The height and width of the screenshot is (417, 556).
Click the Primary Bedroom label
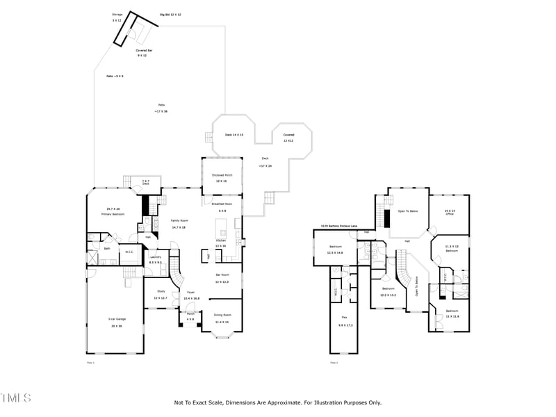point(113,212)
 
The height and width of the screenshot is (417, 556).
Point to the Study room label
point(161,291)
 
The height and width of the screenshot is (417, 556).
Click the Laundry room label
point(155,257)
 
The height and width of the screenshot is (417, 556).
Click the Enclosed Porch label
point(222,175)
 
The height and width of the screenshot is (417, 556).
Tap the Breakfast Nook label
point(222,204)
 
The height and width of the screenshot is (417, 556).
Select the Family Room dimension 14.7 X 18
point(179,227)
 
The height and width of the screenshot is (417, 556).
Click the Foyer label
point(190,293)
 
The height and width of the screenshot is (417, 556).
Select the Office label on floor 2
point(450,214)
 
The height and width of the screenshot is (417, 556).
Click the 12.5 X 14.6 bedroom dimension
point(336,253)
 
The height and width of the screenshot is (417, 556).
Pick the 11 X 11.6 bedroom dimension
point(452,316)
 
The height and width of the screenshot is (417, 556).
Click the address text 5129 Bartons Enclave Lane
point(338,226)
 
